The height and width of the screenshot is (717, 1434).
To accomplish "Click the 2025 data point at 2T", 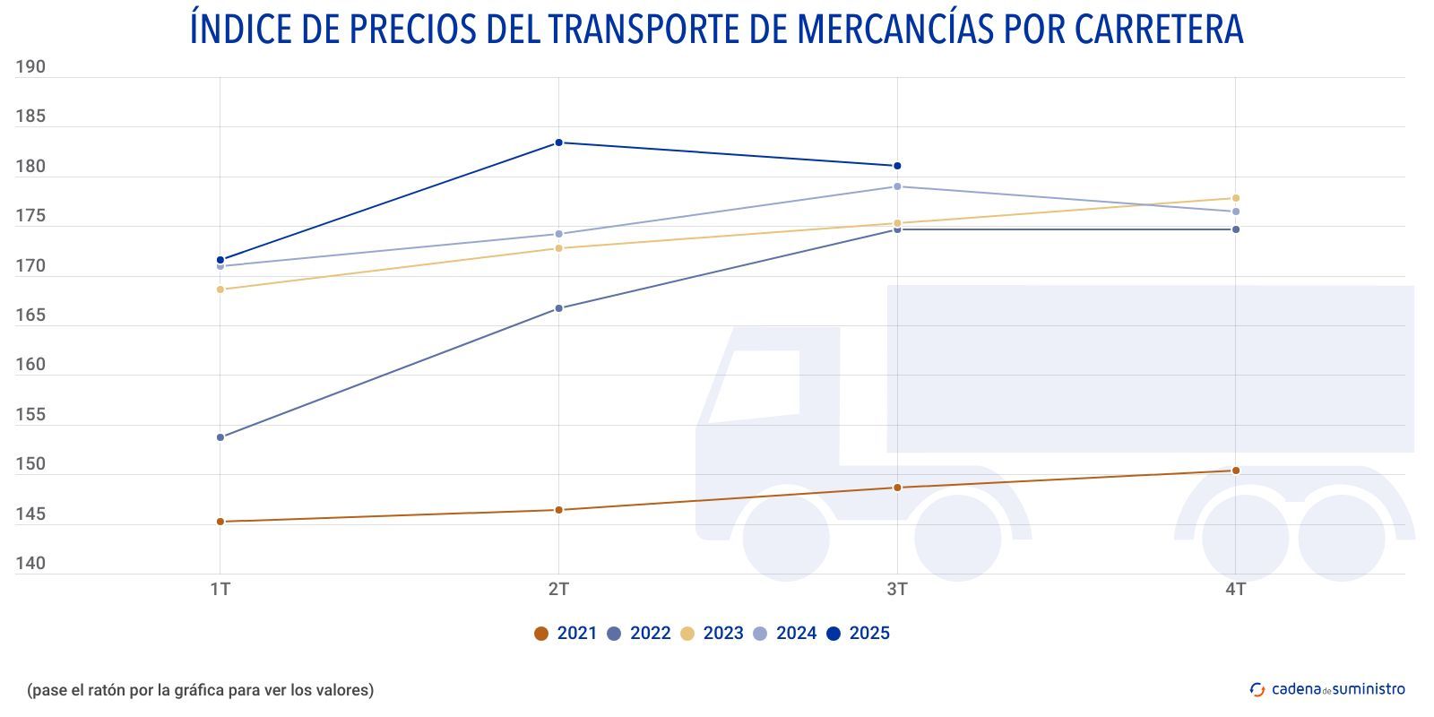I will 558,143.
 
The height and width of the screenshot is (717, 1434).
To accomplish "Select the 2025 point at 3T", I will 897,166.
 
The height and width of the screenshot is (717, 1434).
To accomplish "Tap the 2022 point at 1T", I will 220,437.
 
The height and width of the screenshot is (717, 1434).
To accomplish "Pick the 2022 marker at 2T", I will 558,308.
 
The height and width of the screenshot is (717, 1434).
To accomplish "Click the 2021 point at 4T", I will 1236,471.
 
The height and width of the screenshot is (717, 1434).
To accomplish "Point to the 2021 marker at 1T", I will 220,522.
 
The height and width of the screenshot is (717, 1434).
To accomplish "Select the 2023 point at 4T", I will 1236,198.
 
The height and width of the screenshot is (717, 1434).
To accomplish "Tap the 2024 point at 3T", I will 897,186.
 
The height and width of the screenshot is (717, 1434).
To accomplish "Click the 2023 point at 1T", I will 220,289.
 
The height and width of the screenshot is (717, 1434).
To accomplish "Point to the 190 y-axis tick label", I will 30,67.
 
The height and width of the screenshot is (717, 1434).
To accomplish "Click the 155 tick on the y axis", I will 30,415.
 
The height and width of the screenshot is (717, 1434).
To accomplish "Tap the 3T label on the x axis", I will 897,590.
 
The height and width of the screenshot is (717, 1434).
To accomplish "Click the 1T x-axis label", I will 220,590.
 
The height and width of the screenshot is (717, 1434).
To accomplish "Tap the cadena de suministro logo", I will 1327,689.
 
